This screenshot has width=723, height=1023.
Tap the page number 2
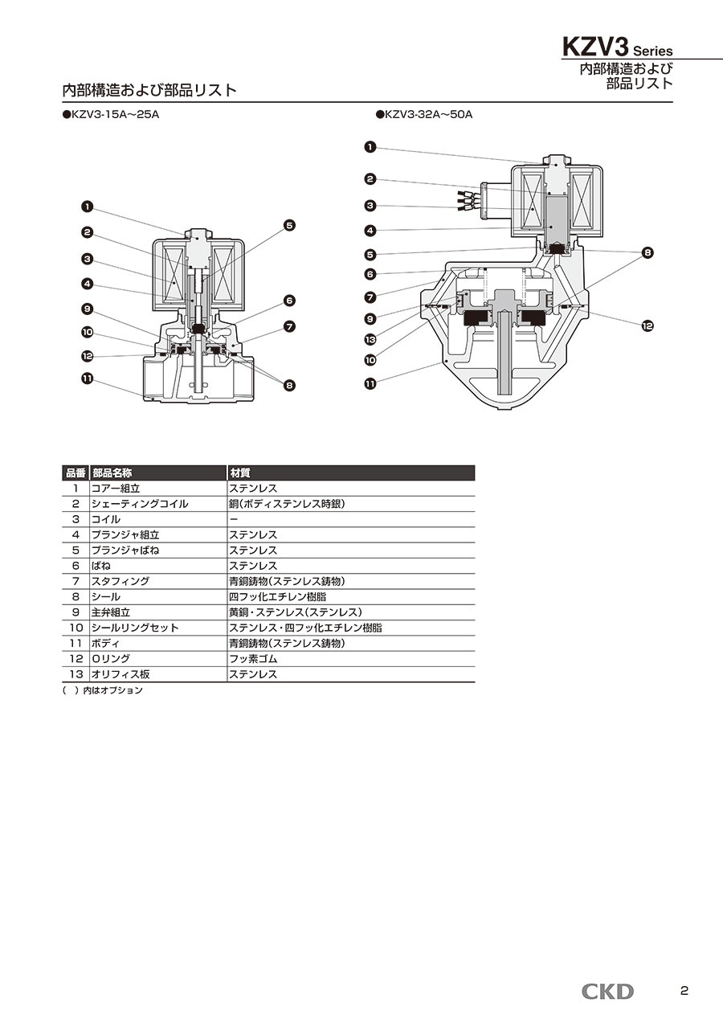684,991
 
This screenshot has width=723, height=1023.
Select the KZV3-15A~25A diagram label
111,115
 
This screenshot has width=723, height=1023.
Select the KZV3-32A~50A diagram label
423,115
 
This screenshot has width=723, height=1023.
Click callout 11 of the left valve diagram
87,379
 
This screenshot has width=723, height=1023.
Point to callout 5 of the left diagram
289,225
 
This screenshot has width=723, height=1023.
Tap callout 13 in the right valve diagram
370,338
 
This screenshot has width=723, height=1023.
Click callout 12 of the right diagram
647,325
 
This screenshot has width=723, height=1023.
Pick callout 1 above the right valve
370,147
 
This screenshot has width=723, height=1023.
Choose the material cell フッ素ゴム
253,659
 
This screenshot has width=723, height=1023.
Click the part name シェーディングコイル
140,504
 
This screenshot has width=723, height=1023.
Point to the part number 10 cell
76,628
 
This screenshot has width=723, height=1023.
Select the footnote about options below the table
102,690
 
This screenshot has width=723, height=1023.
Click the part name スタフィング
120,581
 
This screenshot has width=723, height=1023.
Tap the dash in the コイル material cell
233,519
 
